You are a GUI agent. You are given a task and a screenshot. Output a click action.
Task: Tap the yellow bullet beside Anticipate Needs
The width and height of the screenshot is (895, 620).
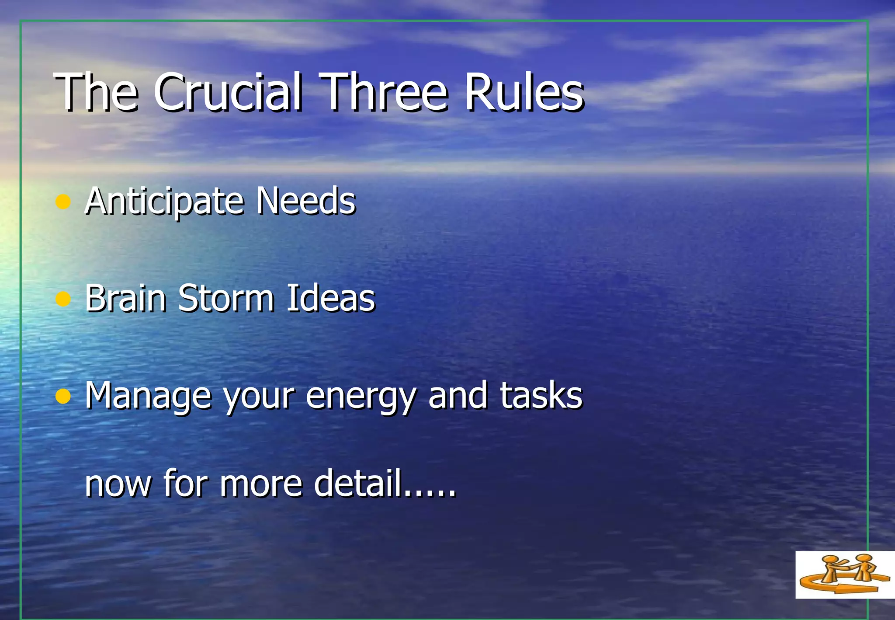(x=63, y=202)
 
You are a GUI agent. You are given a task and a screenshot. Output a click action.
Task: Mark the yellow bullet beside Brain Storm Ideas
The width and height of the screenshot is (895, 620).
(x=63, y=299)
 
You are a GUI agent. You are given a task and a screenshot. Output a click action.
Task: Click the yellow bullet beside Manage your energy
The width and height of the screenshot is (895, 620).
(x=63, y=396)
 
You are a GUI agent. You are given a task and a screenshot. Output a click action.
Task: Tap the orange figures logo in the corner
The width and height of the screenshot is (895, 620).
(x=845, y=574)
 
